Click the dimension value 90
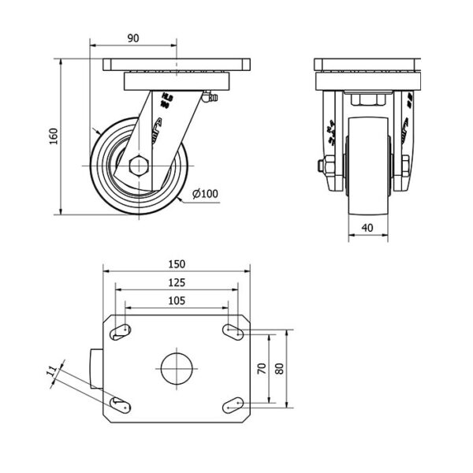(133, 38)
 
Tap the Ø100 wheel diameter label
(205, 192)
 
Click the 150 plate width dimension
(177, 263)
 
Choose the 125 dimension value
(177, 281)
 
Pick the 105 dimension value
(177, 300)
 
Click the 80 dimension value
(280, 367)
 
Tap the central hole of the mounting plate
(177, 367)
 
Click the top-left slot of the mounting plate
(120, 331)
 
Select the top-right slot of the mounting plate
(233, 331)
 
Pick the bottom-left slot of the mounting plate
(120, 404)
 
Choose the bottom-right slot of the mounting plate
(233, 404)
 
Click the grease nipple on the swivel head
(209, 99)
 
